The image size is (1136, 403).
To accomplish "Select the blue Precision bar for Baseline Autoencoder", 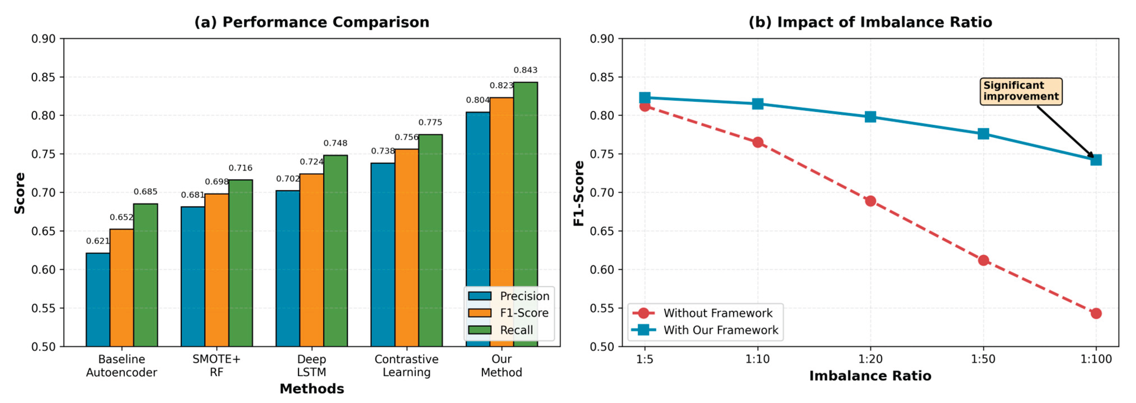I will [x=98, y=300].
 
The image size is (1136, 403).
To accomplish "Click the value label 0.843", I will [x=525, y=70].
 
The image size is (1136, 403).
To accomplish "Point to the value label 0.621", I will [x=98, y=241].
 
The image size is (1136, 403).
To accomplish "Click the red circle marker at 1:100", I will [x=1096, y=313].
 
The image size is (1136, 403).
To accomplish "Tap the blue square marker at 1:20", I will [x=870, y=117].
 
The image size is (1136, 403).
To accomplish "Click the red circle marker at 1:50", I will [x=983, y=261].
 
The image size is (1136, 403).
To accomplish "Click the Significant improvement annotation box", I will [x=1021, y=91].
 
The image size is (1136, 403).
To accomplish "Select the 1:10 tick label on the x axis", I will [x=757, y=359].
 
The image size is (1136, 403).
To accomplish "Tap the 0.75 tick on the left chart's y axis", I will [x=43, y=154].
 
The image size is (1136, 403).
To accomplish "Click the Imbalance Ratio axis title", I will [x=870, y=376].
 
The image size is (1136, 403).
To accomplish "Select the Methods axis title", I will [x=311, y=389].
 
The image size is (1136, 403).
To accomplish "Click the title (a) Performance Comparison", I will [x=311, y=22].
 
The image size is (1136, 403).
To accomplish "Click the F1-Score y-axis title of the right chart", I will [x=579, y=193].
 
